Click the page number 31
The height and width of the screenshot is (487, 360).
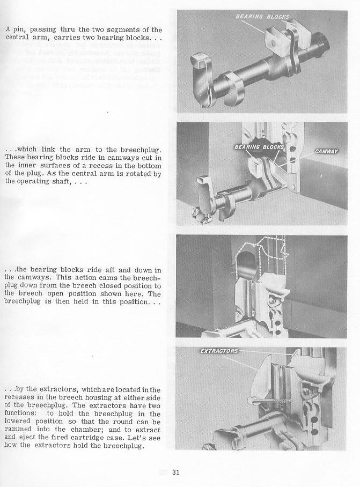(175, 473)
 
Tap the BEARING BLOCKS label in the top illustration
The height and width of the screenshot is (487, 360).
(262, 17)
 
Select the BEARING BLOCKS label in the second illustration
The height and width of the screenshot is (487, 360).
(255, 146)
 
